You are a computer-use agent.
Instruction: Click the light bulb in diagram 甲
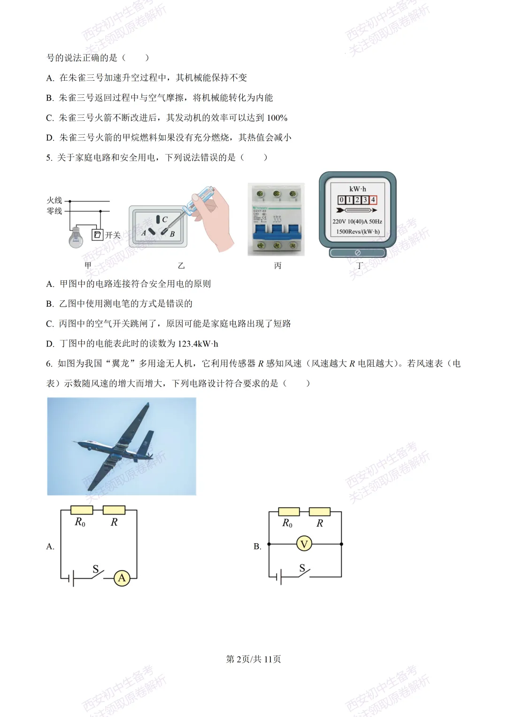point(76,237)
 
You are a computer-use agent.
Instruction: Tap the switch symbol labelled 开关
point(97,235)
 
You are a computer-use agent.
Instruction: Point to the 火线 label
point(54,200)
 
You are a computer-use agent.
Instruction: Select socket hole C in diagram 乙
point(158,219)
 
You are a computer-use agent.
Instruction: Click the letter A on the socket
point(144,233)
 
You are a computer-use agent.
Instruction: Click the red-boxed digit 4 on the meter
point(373,200)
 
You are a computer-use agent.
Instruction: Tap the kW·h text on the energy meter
point(357,189)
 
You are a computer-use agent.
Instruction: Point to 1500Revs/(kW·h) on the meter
point(358,231)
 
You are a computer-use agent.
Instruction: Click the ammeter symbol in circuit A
point(122,578)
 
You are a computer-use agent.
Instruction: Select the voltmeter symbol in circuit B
point(304,544)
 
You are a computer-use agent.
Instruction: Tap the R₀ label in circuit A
point(80,522)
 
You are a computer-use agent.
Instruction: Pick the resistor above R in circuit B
point(320,512)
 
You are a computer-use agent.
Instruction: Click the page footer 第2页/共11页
point(253,659)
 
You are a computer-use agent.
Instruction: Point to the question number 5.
point(49,158)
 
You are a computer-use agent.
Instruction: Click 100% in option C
point(277,118)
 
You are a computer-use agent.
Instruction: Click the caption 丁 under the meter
point(359,266)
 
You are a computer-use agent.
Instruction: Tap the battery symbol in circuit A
point(71,578)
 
